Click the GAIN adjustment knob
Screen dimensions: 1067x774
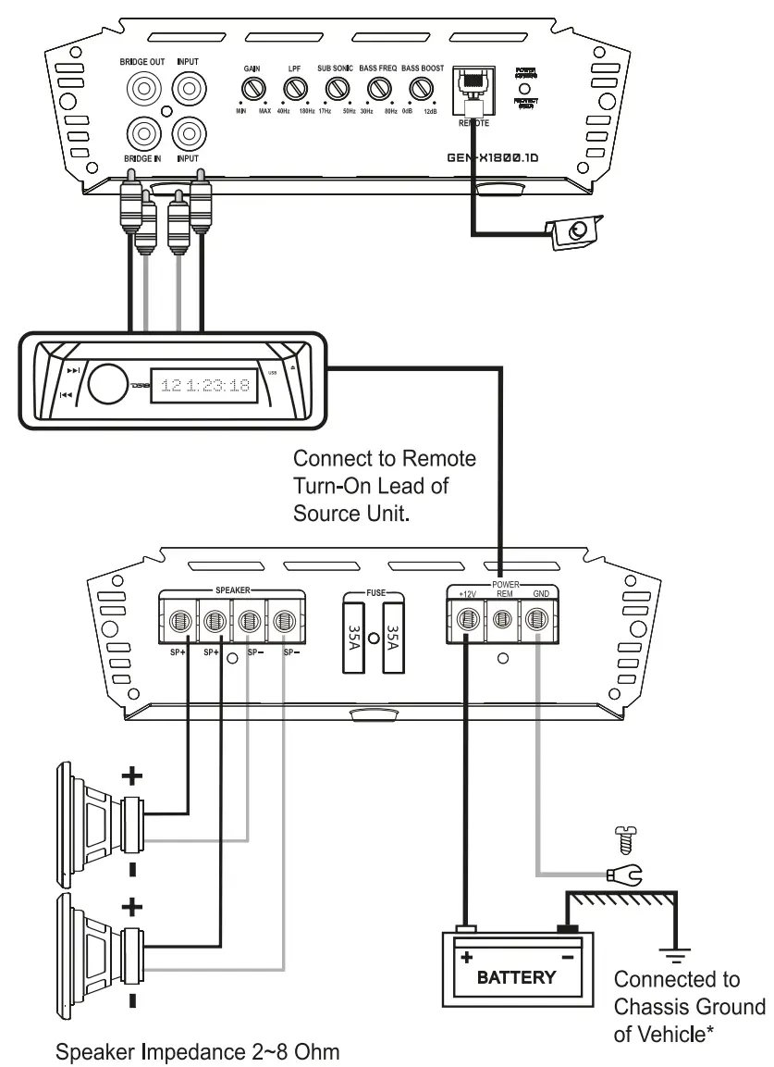(x=252, y=89)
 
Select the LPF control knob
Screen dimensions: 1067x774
(x=295, y=89)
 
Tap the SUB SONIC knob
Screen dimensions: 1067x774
(x=337, y=89)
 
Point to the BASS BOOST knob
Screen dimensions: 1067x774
(x=422, y=89)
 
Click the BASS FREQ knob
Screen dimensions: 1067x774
(x=379, y=89)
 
